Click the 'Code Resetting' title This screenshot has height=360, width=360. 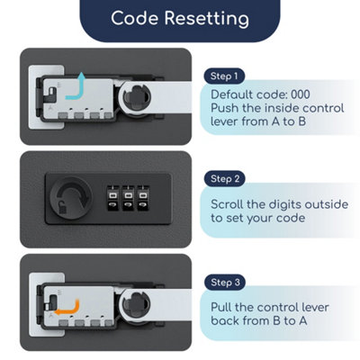click(x=180, y=18)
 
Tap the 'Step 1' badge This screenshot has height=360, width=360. click(x=224, y=76)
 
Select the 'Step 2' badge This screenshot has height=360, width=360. click(x=225, y=179)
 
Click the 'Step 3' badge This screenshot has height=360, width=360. click(x=225, y=282)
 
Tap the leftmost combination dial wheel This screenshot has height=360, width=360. click(x=112, y=199)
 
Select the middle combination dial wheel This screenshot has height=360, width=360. click(x=128, y=199)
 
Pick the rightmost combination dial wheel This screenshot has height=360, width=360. click(x=143, y=199)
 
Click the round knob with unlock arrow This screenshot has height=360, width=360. click(x=71, y=198)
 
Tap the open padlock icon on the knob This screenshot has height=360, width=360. click(x=62, y=207)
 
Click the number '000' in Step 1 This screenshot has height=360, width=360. click(x=301, y=94)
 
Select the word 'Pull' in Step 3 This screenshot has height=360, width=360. click(x=221, y=307)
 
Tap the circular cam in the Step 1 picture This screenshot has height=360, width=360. click(x=136, y=97)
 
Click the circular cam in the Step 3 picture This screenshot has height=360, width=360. click(x=136, y=304)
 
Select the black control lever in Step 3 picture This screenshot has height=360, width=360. click(x=52, y=302)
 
